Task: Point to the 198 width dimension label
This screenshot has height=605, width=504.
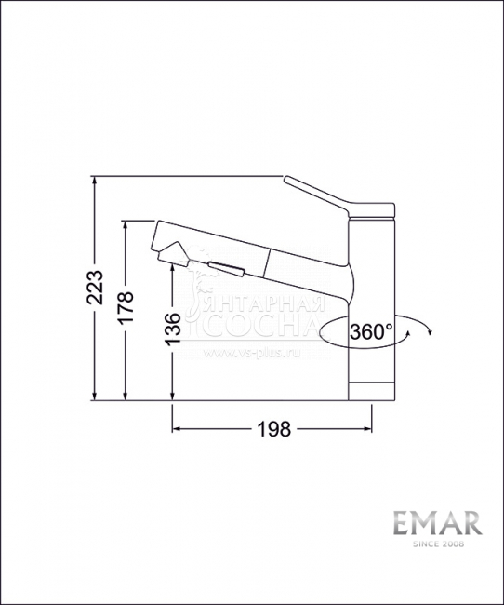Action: pos(272,429)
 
